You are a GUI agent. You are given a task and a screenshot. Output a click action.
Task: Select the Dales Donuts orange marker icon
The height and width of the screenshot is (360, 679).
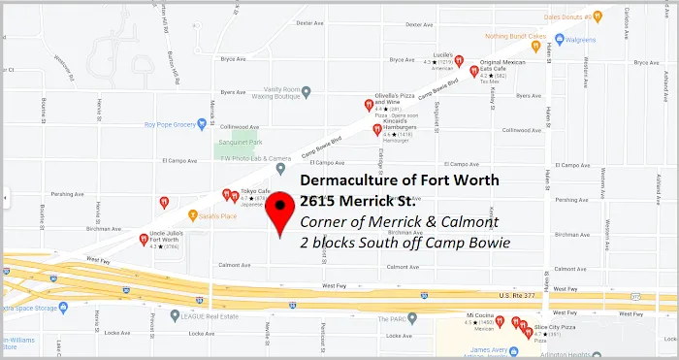click(x=598, y=16)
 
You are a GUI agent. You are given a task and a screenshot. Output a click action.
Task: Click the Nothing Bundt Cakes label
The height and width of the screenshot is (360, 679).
click(x=496, y=37)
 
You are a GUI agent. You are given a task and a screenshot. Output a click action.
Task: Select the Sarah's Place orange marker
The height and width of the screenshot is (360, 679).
click(x=194, y=215)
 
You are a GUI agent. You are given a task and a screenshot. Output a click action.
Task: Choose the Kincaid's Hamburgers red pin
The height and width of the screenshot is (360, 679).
click(x=376, y=129)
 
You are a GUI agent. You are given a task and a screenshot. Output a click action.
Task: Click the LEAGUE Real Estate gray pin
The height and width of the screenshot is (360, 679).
click(x=174, y=314)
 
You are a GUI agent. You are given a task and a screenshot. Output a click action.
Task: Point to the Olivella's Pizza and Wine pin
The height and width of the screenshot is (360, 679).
click(x=368, y=105)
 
